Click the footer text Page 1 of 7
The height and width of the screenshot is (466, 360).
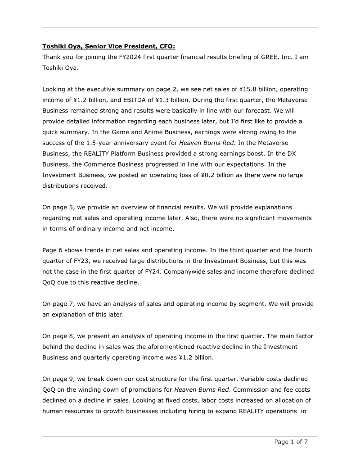[x=291, y=442]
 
